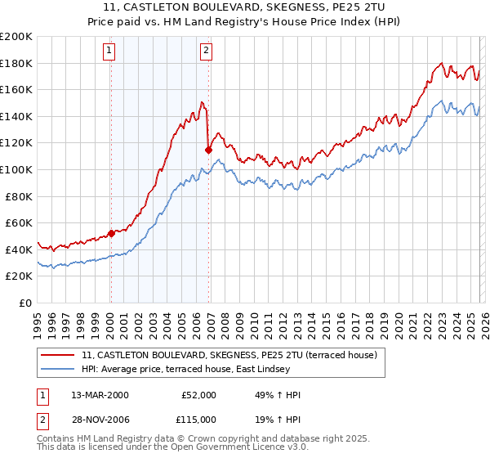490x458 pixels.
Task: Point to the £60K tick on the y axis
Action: pyautogui.click(x=18, y=222)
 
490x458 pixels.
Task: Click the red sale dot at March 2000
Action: pyautogui.click(x=111, y=233)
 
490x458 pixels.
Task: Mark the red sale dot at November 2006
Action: pyautogui.click(x=207, y=150)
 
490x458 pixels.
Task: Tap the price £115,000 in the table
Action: pyautogui.click(x=198, y=421)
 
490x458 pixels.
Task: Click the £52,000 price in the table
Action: pyautogui.click(x=198, y=395)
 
